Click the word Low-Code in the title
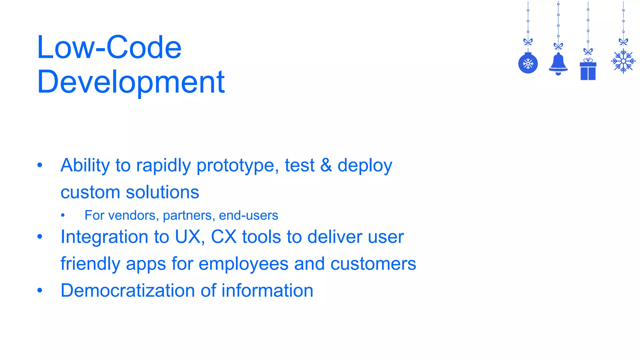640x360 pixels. pyautogui.click(x=109, y=47)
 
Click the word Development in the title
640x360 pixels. pyautogui.click(x=131, y=82)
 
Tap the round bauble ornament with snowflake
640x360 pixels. pyautogui.click(x=528, y=64)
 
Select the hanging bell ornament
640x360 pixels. pyautogui.click(x=558, y=63)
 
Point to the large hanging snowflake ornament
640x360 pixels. pyautogui.click(x=623, y=61)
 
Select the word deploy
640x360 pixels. pyautogui.click(x=365, y=166)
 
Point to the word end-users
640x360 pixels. pyautogui.click(x=248, y=215)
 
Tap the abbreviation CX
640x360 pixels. pyautogui.click(x=224, y=237)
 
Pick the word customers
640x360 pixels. pyautogui.click(x=373, y=264)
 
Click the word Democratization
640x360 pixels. pyautogui.click(x=128, y=290)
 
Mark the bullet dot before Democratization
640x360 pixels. pyautogui.click(x=40, y=290)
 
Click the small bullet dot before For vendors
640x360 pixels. pyautogui.click(x=63, y=215)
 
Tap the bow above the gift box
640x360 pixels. pyautogui.click(x=588, y=51)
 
